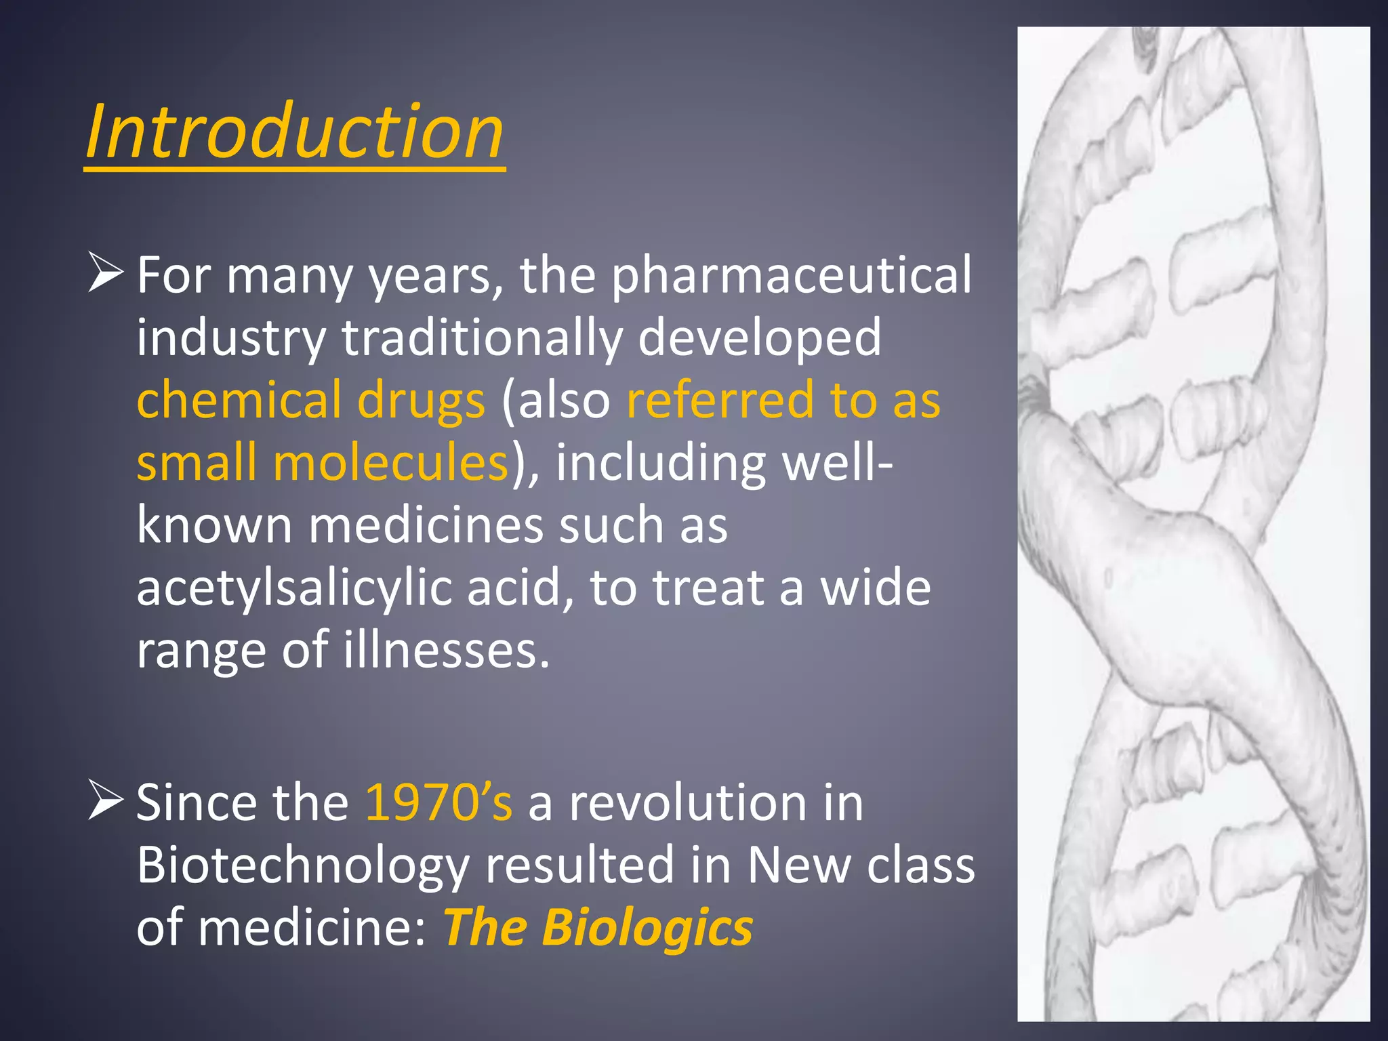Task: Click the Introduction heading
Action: (x=295, y=131)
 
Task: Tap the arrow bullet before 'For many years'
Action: (x=106, y=274)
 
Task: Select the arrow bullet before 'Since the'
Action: (x=106, y=802)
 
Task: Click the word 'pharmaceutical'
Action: (x=792, y=277)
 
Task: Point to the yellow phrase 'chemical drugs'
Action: (x=311, y=400)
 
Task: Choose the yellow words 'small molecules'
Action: (x=323, y=462)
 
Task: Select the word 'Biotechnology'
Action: (x=303, y=866)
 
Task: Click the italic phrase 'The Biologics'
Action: (x=598, y=927)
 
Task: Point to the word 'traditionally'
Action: (x=482, y=338)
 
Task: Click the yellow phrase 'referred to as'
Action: (x=783, y=400)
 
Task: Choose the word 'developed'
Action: (x=760, y=338)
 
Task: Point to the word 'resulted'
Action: (x=580, y=865)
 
